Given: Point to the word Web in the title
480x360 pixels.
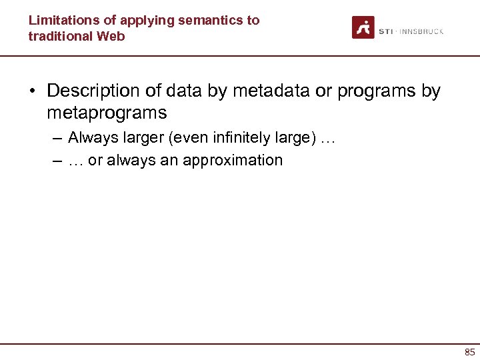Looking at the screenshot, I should [x=112, y=36].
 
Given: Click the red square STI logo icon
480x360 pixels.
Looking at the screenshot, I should [x=363, y=27].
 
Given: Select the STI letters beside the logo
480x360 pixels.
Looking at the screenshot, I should [x=386, y=31].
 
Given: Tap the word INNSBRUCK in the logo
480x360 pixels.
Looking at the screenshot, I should [x=421, y=31].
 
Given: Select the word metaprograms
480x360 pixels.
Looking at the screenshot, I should [x=107, y=113].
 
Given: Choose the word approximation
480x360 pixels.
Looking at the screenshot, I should [x=237, y=160].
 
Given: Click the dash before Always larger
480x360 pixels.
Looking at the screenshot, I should [x=56, y=138].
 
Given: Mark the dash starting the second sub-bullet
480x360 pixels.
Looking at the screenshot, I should [x=56, y=160].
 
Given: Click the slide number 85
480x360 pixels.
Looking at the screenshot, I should [x=470, y=352].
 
